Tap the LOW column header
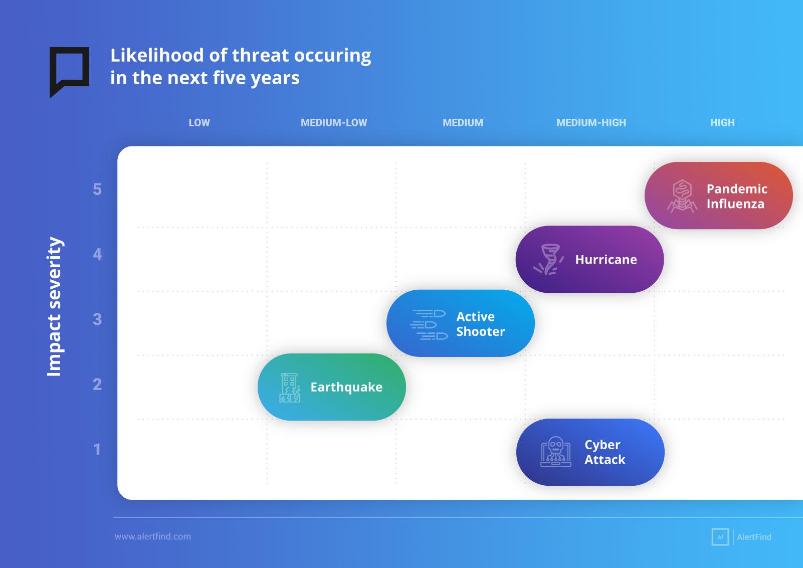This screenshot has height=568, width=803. click(199, 123)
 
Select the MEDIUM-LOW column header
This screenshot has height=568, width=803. click(334, 123)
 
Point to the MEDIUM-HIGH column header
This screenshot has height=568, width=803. click(591, 123)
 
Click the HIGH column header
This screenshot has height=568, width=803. click(722, 123)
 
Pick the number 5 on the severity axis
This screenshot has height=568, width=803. click(97, 190)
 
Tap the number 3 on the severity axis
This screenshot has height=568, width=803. click(97, 319)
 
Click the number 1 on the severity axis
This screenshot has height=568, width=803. click(97, 449)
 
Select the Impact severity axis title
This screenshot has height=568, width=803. click(55, 307)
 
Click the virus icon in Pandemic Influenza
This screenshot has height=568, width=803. click(682, 196)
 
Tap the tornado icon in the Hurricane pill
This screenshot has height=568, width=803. click(548, 259)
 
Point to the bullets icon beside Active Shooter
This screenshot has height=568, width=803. click(429, 324)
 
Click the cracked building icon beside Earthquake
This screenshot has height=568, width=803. click(290, 388)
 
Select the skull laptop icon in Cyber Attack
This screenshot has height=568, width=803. click(556, 452)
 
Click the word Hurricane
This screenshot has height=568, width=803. click(606, 259)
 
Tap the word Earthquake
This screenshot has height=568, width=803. click(346, 387)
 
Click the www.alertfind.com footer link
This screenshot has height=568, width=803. click(153, 536)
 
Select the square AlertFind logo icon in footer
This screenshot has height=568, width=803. click(720, 537)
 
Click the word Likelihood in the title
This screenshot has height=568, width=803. click(157, 55)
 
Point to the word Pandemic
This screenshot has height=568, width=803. click(737, 188)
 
